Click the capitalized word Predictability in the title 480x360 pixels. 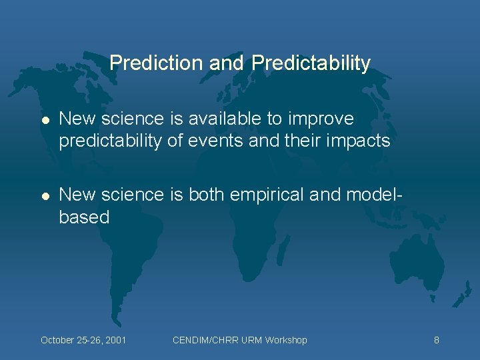point(311,63)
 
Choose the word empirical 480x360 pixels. point(267,194)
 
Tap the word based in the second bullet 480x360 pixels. point(84,217)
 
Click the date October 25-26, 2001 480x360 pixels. point(83,340)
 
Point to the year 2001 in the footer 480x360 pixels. point(115,340)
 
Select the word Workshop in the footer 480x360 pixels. point(285,340)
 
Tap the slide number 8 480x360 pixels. point(436,340)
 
